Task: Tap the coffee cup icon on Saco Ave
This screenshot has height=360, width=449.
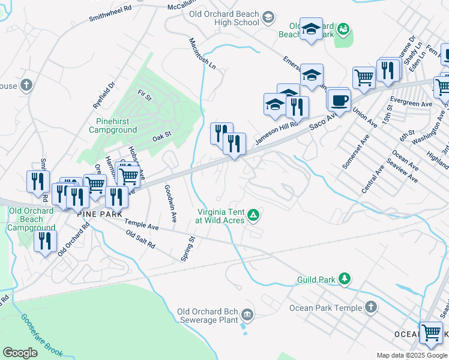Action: (339, 100)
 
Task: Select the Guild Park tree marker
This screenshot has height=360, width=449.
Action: (345, 279)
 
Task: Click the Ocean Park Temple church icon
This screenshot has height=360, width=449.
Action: (371, 308)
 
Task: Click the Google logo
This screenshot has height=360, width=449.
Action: (20, 352)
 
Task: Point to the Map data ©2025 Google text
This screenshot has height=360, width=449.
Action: (411, 355)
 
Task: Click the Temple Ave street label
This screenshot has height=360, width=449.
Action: (142, 225)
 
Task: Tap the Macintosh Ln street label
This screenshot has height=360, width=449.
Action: (202, 53)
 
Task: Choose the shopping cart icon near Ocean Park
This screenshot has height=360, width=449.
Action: (431, 332)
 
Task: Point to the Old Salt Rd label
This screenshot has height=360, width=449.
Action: (140, 241)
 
